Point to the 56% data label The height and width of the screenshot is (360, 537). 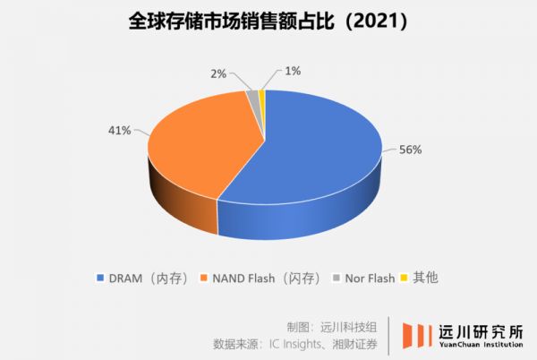coord(410,149)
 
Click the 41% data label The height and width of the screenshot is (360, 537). coord(119,130)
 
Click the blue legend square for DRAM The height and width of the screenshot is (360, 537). coord(99,278)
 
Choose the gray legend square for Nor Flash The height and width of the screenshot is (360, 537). coord(338,278)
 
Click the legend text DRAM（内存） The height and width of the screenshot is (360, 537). coord(148,278)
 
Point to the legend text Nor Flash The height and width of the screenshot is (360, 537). coord(370,278)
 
